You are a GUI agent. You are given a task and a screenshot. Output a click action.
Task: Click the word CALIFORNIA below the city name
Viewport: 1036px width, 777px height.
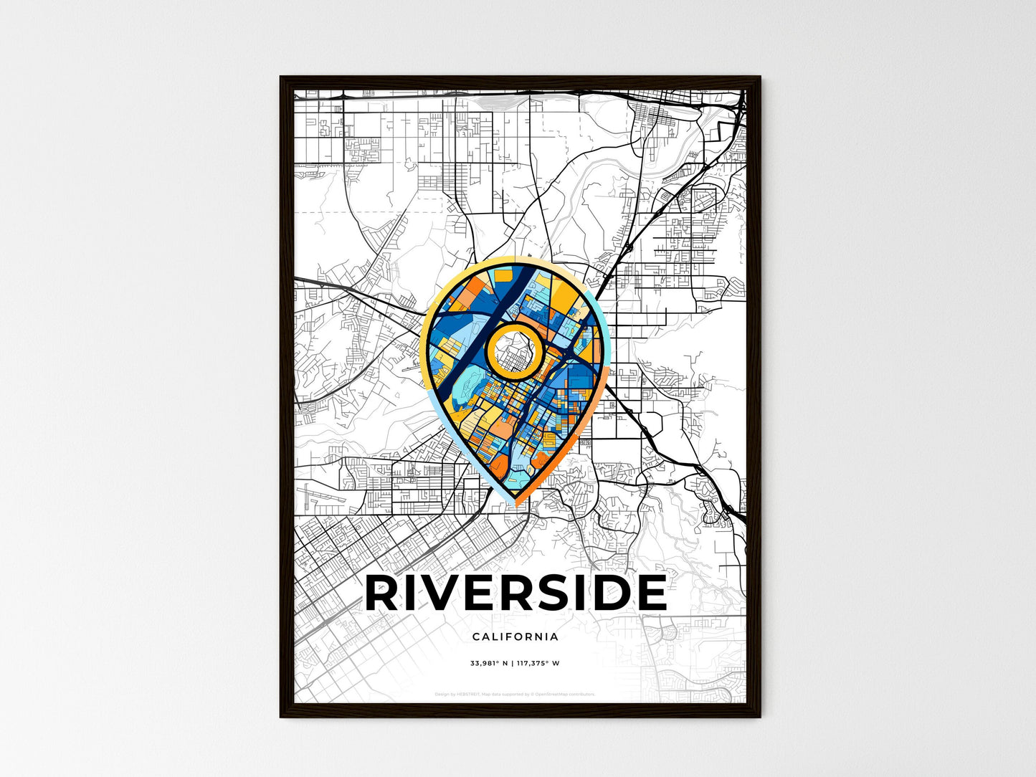(x=515, y=637)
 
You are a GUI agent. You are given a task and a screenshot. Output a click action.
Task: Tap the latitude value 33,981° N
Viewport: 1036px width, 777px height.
(x=489, y=663)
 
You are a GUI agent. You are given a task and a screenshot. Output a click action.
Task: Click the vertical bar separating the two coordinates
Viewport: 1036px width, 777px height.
(x=512, y=663)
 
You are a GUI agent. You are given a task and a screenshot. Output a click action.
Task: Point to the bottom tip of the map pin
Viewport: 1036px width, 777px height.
(x=515, y=504)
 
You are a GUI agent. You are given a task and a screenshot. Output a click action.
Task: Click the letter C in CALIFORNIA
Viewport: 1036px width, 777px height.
(x=476, y=637)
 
